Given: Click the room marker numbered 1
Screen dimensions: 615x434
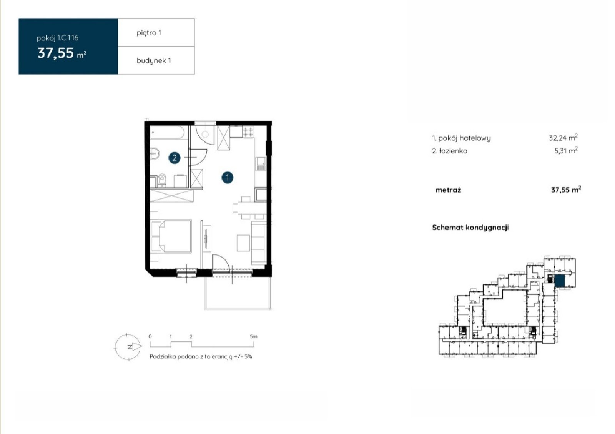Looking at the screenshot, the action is pos(227,178).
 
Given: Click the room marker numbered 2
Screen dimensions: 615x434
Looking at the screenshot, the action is pos(175,158).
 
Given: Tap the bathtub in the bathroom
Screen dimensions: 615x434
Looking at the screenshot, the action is pos(168,133).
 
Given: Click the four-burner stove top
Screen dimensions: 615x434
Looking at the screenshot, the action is pos(248,132).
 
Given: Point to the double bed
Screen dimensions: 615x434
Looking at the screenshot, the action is pos(171,236).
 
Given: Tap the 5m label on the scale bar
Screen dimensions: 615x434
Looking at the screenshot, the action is pos(253,336).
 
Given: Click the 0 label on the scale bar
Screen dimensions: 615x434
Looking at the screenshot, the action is pos(150,336).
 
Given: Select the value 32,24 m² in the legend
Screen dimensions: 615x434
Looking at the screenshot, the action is pos(563,137).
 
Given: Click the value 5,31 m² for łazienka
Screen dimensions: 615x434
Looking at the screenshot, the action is pos(566,150).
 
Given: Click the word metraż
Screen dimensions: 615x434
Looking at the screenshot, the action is pos(448,190).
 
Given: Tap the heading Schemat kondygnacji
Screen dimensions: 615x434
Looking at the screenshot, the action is pos(470,228).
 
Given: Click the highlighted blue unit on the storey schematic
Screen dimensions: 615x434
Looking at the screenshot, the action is pos(560,281).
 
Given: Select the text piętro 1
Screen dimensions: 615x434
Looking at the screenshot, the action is pos(149,33).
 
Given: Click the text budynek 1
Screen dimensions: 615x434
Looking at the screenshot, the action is pos(154,61).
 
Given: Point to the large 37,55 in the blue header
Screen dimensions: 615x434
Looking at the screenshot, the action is pos(56,53).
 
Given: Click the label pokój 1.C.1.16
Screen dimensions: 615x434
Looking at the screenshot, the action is pos(58,38).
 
